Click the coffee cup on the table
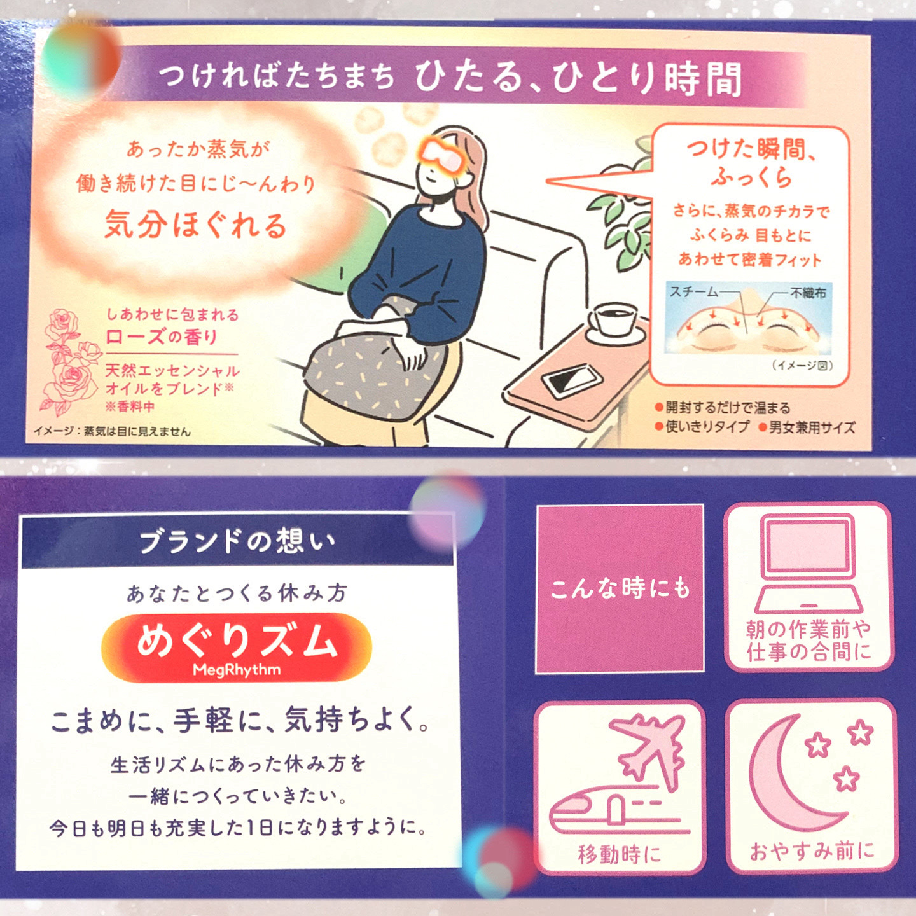(613, 320)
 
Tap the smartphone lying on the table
(571, 380)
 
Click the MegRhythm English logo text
(237, 670)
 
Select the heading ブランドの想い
(237, 541)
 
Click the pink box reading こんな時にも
(620, 588)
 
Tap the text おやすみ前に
(812, 850)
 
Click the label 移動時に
(619, 854)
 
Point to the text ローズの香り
(162, 337)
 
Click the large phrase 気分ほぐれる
(196, 225)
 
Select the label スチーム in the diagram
(693, 292)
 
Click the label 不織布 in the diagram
(808, 293)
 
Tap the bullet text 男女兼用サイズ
(812, 427)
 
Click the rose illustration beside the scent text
(67, 359)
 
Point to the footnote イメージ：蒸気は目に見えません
(112, 432)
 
